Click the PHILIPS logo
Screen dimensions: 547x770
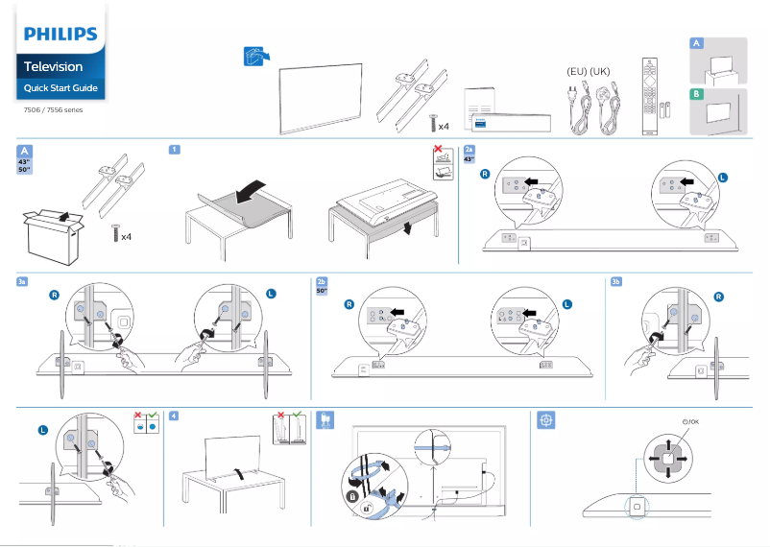pyautogui.click(x=60, y=35)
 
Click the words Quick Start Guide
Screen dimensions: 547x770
pyautogui.click(x=60, y=89)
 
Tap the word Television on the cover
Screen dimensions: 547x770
pyautogui.click(x=53, y=67)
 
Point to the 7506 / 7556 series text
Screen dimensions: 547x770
pyautogui.click(x=54, y=109)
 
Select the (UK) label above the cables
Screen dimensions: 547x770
pyautogui.click(x=600, y=72)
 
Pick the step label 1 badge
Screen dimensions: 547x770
pyautogui.click(x=174, y=150)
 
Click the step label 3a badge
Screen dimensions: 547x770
pyautogui.click(x=22, y=281)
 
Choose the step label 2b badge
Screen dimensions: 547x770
pyautogui.click(x=322, y=282)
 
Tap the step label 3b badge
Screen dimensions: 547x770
pyautogui.click(x=616, y=281)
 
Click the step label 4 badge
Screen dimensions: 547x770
pyautogui.click(x=173, y=416)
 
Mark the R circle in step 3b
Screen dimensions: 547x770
pyautogui.click(x=718, y=297)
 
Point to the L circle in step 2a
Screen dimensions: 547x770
pyautogui.click(x=723, y=178)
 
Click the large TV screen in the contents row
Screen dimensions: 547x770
pyautogui.click(x=321, y=101)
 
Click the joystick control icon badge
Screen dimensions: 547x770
pyautogui.click(x=545, y=419)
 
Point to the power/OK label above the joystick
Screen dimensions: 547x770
pyautogui.click(x=689, y=421)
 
